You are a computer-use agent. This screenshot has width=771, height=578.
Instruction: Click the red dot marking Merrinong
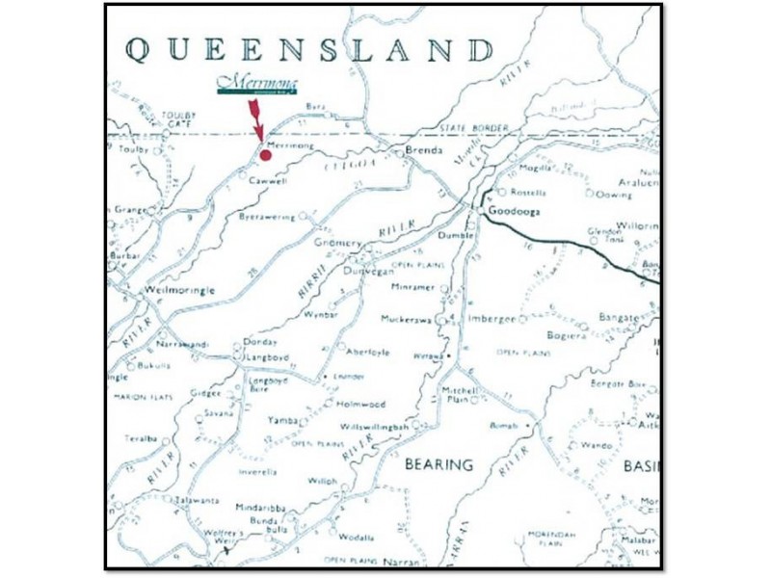point(265,153)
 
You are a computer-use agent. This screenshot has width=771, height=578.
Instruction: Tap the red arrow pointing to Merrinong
point(256,119)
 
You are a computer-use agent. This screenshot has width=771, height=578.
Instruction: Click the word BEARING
point(439,464)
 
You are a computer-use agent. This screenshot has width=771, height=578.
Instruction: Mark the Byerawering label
point(267,218)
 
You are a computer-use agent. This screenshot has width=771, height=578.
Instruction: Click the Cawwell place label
point(268,181)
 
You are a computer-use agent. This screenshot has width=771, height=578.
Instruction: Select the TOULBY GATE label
point(178,119)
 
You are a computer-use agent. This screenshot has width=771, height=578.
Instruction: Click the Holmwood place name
point(361,404)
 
